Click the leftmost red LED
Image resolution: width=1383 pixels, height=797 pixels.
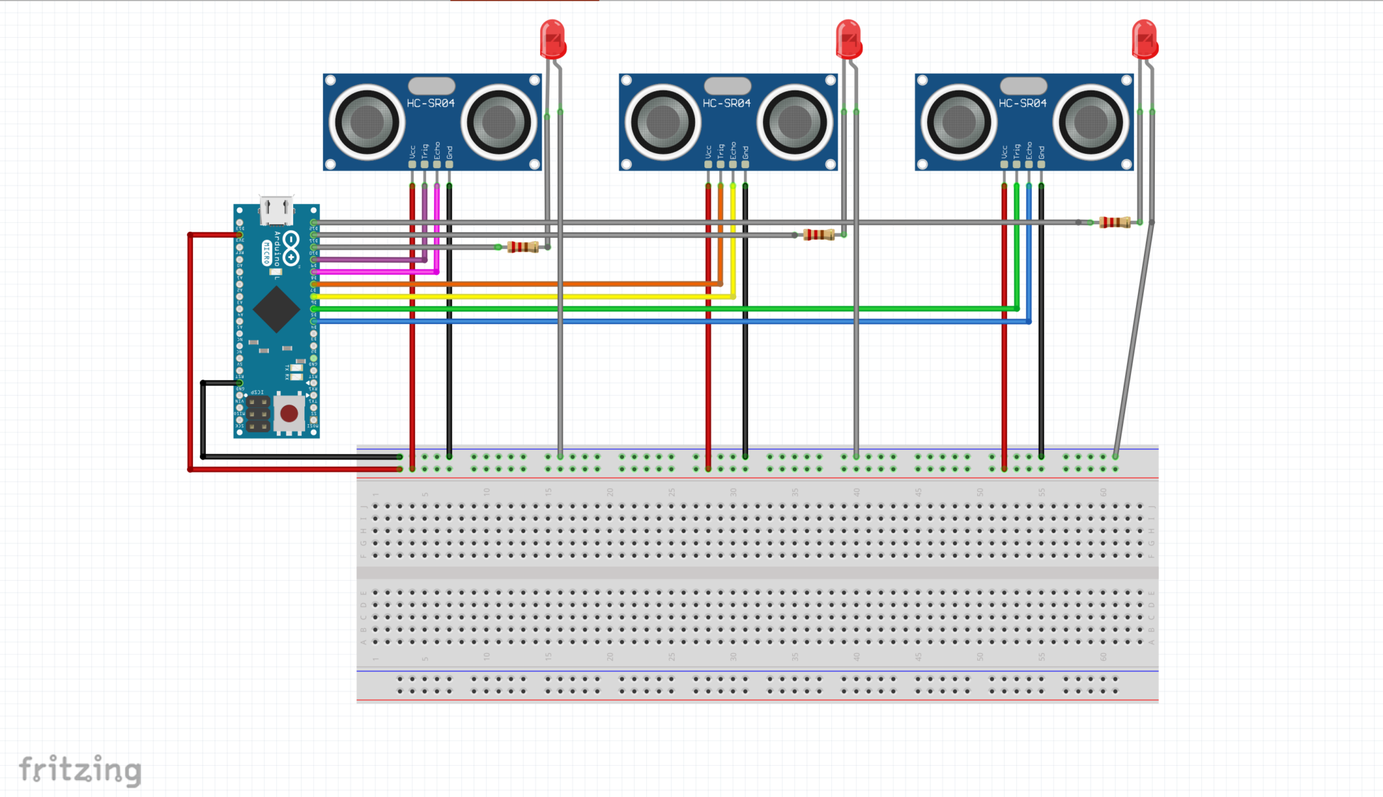click(552, 39)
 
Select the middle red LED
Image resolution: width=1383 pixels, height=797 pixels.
click(848, 39)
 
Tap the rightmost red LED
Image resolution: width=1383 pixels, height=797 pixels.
click(1145, 39)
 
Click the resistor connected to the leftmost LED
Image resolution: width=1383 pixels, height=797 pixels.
click(523, 247)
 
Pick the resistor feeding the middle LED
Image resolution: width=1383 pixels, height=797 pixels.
click(818, 235)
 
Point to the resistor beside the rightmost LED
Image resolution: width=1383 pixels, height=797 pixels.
click(1114, 222)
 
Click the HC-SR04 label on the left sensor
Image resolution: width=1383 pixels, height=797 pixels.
click(431, 103)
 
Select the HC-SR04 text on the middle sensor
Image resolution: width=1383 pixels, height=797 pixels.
click(727, 103)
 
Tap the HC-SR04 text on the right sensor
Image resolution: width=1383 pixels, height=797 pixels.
click(1022, 103)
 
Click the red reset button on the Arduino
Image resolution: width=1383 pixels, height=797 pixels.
click(289, 413)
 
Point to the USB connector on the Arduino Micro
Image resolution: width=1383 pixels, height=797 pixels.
click(276, 210)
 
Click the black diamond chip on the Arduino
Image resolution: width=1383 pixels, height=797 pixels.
click(276, 309)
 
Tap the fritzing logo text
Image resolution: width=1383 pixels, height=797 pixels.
click(80, 770)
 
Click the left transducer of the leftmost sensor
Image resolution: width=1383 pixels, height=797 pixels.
click(367, 122)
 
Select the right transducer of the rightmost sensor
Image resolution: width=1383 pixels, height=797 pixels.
click(1091, 122)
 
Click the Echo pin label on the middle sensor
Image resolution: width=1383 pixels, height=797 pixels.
click(733, 150)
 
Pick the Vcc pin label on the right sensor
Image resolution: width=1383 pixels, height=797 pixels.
click(1004, 151)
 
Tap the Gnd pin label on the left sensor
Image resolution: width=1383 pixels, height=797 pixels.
click(450, 152)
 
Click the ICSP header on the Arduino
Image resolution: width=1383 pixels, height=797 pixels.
click(257, 413)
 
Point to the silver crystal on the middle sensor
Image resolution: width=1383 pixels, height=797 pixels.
click(727, 86)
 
